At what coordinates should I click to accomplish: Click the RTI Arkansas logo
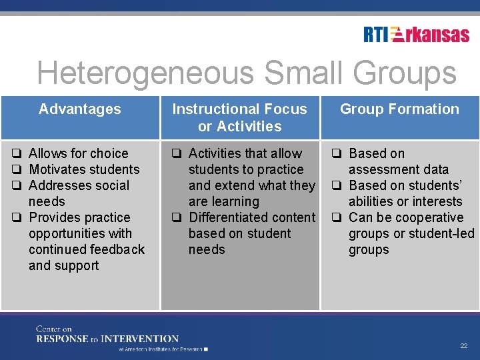(417, 34)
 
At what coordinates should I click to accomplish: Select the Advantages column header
(80, 109)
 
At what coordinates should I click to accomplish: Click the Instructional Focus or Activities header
(240, 117)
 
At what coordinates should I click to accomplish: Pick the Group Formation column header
(399, 109)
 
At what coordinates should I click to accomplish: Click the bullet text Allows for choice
(78, 153)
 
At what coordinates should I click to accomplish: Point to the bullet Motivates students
(84, 169)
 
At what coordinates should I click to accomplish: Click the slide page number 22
(464, 346)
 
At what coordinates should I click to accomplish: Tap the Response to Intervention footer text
(107, 339)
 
